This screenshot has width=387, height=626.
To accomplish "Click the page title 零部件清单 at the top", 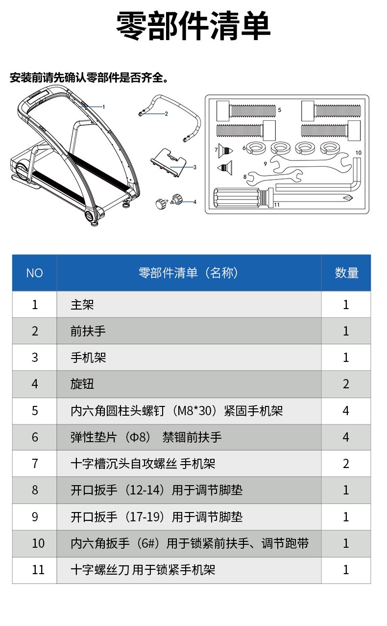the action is tap(193, 26).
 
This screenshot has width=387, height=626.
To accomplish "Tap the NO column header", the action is tap(34, 273).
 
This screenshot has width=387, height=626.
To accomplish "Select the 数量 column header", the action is tap(346, 273).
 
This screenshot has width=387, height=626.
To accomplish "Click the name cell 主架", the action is tap(82, 304).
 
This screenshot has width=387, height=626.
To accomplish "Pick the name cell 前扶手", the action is tap(88, 331).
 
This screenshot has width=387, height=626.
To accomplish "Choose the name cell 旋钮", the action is tap(82, 384).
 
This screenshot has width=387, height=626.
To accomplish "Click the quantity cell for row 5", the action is tap(346, 410).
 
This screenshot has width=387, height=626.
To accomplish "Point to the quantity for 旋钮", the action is tap(346, 384).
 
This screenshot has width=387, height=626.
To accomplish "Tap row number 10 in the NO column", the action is tap(38, 543).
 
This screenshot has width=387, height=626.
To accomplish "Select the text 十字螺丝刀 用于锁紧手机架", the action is tap(143, 570).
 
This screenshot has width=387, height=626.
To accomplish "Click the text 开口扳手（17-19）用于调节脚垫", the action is tap(157, 517).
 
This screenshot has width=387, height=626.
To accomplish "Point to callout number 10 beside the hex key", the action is tap(359, 153).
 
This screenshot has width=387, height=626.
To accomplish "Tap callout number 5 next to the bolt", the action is tap(279, 110).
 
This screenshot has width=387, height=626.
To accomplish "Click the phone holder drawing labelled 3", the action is tap(169, 163).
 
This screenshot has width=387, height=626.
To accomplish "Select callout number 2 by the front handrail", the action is tap(167, 114).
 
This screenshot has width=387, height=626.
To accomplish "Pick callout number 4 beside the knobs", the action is tap(195, 202).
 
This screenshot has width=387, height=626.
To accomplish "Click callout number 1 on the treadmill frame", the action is tap(104, 107).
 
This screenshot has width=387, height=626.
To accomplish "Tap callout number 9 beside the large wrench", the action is tap(265, 164).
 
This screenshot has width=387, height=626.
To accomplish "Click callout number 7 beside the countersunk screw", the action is tap(216, 150).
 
